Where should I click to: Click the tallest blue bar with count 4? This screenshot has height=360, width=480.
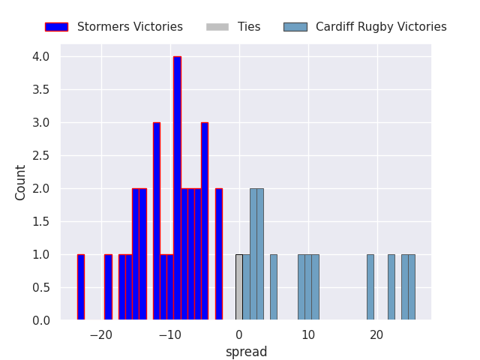(177, 188)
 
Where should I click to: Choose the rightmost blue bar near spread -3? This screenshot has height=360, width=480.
(218, 254)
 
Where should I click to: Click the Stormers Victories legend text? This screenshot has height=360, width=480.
(130, 27)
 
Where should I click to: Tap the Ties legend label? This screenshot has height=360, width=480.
(249, 27)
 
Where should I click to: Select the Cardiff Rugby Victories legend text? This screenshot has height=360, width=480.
(381, 27)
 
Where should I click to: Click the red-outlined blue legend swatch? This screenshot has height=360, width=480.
(56, 27)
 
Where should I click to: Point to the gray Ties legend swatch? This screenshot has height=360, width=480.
(217, 27)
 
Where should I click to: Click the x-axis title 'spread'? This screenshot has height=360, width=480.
(246, 352)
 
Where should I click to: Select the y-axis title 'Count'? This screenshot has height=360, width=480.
(21, 182)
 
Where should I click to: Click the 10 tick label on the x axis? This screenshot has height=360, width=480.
(308, 335)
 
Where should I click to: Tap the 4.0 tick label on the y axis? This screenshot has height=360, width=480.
(41, 57)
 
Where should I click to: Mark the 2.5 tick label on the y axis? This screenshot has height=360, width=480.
(41, 156)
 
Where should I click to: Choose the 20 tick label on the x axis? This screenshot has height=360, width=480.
(377, 335)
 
